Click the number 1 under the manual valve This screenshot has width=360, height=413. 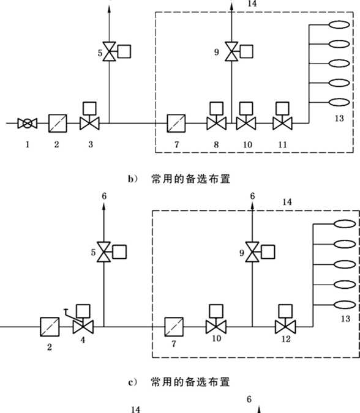click(x=28, y=144)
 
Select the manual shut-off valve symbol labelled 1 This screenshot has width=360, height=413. click(x=28, y=123)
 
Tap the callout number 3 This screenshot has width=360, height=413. click(x=91, y=144)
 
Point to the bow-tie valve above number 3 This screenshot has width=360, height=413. click(x=89, y=123)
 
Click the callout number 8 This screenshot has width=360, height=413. click(x=216, y=144)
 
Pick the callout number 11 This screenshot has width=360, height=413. click(x=282, y=144)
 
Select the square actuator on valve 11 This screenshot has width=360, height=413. click(x=282, y=108)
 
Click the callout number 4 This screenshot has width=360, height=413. click(x=83, y=340)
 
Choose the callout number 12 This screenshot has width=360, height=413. click(x=286, y=339)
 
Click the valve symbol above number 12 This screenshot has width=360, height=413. click(x=285, y=327)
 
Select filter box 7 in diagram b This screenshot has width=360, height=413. click(x=176, y=123)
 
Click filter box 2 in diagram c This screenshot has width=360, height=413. click(x=50, y=327)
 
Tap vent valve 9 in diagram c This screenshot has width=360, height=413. click(x=252, y=252)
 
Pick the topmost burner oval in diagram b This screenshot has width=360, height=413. click(x=339, y=24)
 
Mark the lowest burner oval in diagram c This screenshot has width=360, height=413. click(x=345, y=305)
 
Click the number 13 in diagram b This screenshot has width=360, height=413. click(x=339, y=119)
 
